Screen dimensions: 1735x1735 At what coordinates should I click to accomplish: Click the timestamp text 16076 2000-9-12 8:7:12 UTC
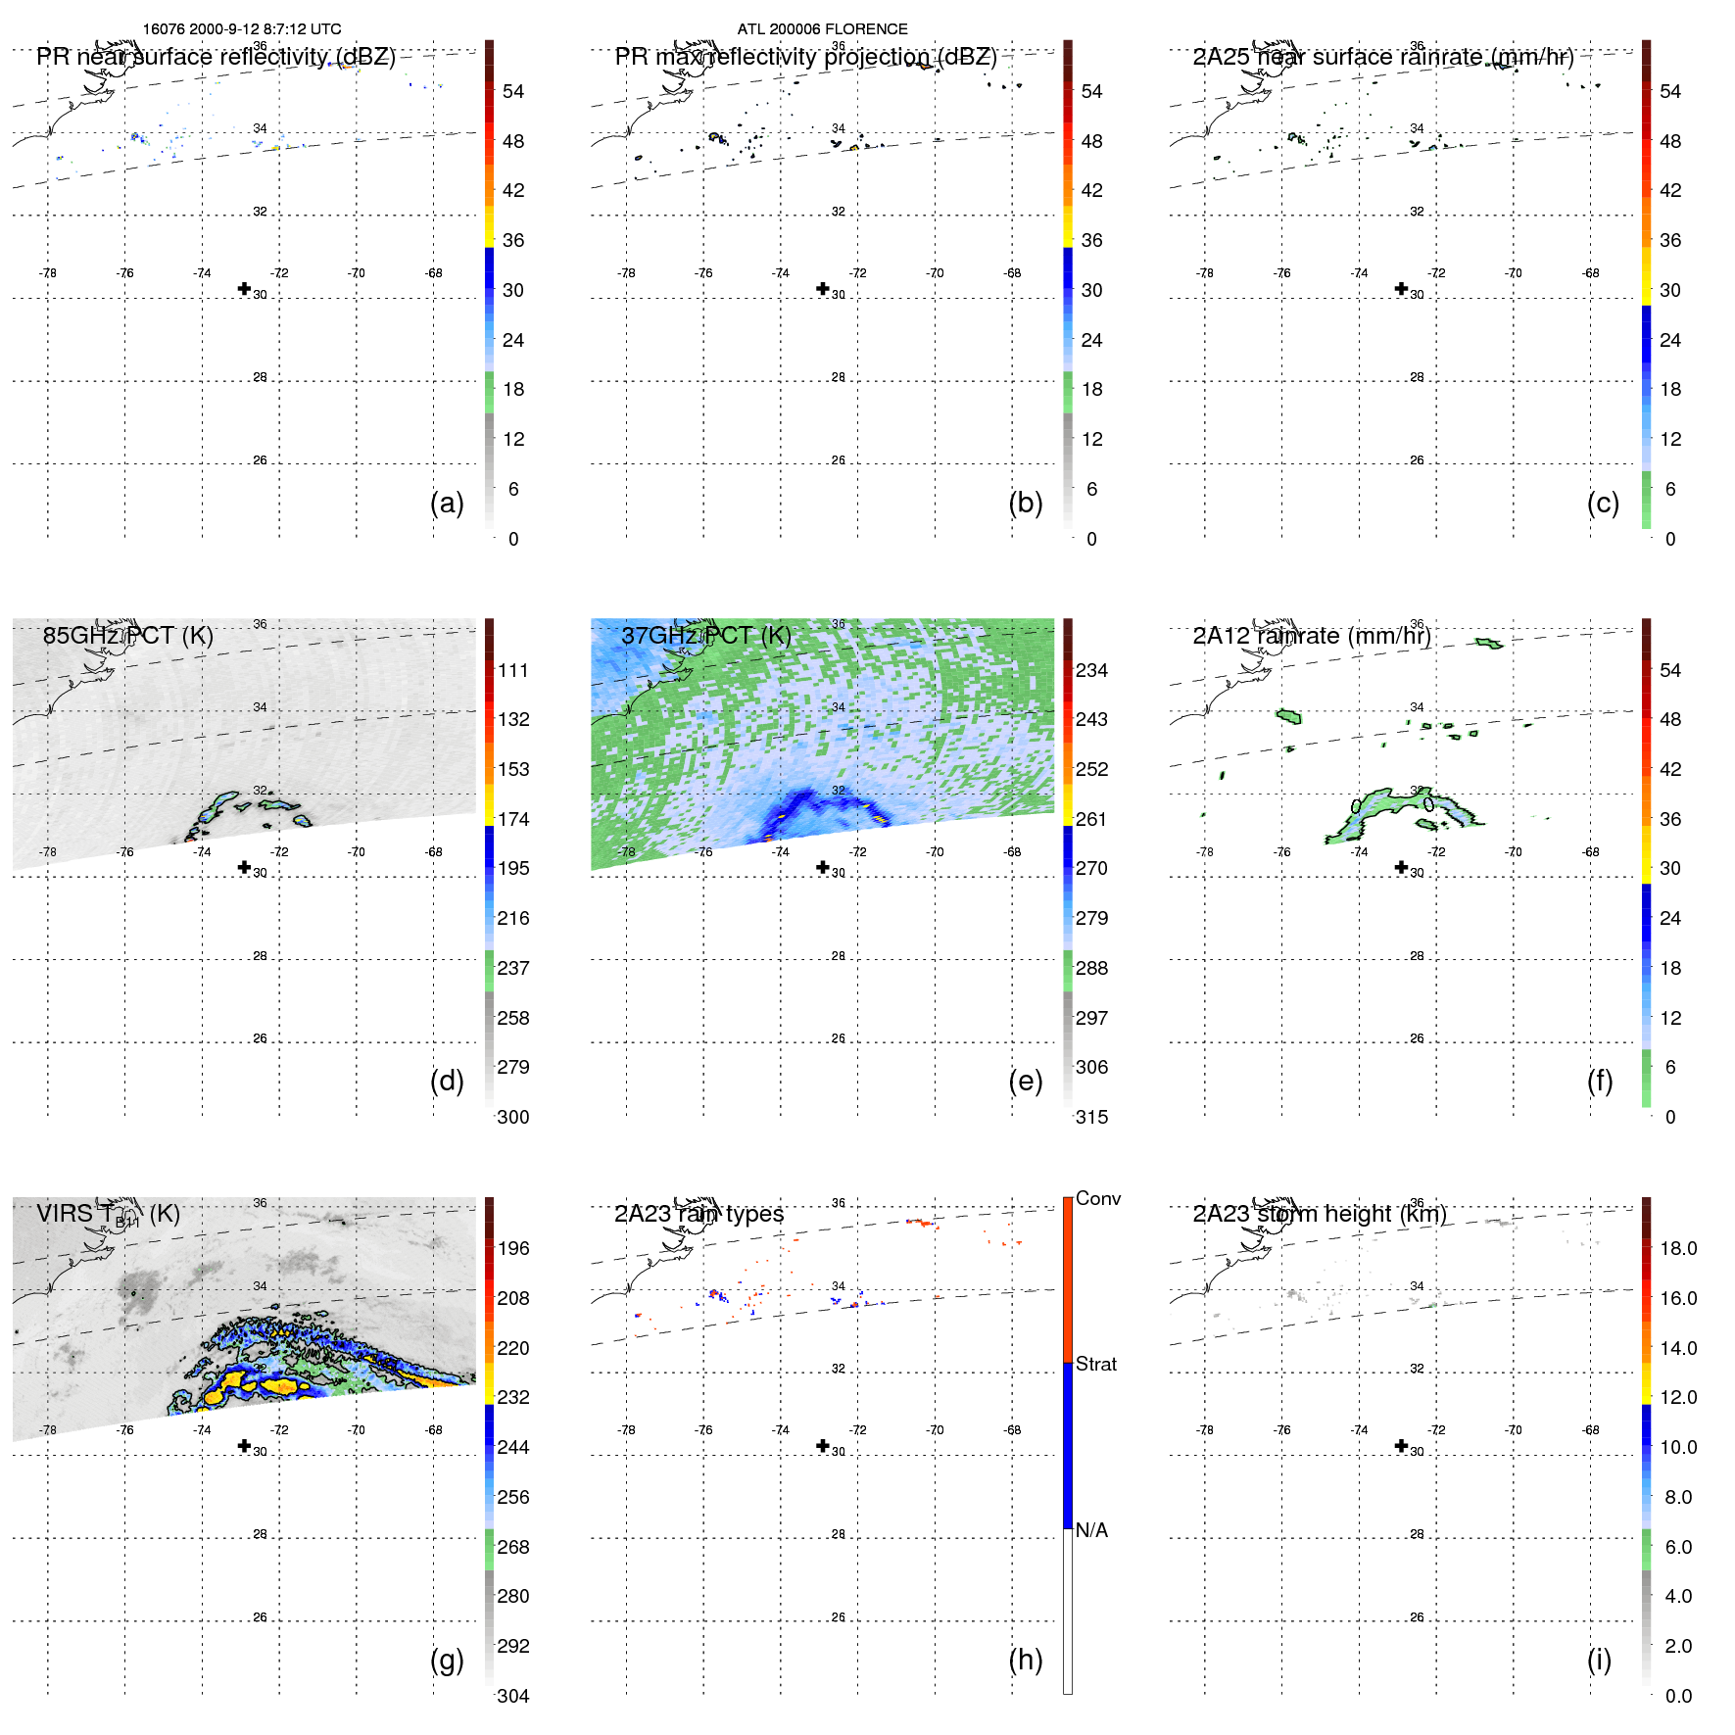242,29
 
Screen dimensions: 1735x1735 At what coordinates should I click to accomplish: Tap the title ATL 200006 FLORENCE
822,29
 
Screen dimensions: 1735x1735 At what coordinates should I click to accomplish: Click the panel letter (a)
447,503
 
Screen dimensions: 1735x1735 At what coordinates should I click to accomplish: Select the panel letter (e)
1025,1081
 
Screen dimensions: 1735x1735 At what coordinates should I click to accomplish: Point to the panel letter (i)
1599,1660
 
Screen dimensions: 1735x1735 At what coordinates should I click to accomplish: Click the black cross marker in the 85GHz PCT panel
244,867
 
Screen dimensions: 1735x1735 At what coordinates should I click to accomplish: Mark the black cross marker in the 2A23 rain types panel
823,1446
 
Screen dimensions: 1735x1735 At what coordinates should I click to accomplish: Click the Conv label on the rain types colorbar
1097,1198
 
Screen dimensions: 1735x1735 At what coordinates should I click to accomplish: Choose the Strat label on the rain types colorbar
1095,1364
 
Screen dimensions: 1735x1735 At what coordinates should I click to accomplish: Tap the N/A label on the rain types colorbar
1091,1530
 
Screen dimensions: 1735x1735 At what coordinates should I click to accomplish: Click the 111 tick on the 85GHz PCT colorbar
513,670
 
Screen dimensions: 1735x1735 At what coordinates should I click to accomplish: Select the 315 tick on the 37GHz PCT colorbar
1091,1117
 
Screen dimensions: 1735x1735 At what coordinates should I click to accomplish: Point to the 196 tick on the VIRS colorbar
513,1248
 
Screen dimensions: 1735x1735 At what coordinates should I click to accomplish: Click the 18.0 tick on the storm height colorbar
1678,1248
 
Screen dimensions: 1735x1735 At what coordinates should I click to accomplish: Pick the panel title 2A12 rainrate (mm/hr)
1312,636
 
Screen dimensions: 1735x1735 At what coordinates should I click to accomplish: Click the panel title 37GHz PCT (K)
705,636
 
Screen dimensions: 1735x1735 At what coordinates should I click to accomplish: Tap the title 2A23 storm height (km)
1320,1214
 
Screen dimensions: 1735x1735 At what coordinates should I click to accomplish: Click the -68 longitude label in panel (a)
434,273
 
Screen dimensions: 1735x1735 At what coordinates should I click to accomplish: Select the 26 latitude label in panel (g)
260,1617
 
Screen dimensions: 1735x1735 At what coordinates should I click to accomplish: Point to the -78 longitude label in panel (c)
1205,273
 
